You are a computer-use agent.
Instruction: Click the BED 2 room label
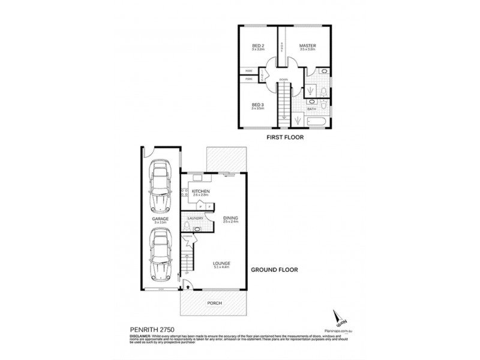click(x=258, y=46)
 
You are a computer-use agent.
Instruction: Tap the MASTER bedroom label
click(x=308, y=46)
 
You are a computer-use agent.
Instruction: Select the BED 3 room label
click(x=258, y=106)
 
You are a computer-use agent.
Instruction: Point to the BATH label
click(x=312, y=109)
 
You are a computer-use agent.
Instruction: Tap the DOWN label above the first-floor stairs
click(x=284, y=79)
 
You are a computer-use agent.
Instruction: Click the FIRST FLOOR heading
click(x=285, y=137)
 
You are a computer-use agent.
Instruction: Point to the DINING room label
click(x=230, y=218)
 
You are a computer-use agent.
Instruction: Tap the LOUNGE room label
click(x=221, y=263)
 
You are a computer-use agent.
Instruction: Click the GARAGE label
click(x=160, y=220)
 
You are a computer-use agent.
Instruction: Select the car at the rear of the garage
click(x=160, y=185)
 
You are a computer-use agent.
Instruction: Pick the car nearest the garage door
click(x=160, y=256)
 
